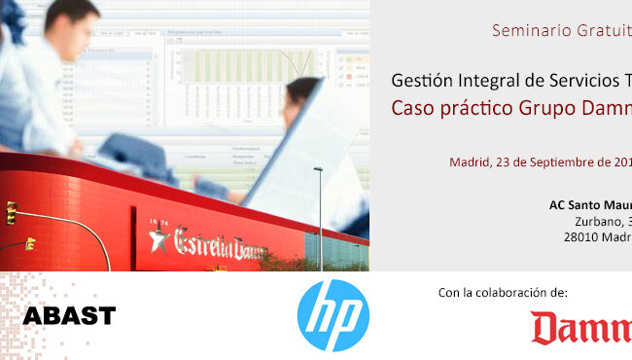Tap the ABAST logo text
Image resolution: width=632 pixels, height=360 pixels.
coord(69,315)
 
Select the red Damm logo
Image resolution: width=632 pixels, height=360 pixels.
coord(581,329)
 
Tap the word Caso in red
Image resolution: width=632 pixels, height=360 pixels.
coord(412,107)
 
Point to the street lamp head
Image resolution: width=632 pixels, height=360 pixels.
coord(318,170)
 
